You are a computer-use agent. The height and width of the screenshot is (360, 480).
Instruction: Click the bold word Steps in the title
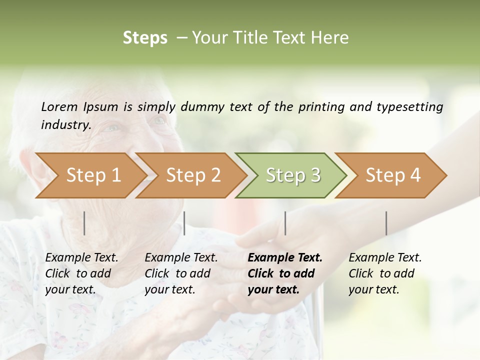pos(145,38)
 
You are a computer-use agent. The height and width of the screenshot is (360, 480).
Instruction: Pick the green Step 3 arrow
pos(293,175)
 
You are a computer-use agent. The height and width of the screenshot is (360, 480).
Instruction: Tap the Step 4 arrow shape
pos(393,175)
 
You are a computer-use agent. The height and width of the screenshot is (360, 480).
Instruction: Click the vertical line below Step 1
pos(84,223)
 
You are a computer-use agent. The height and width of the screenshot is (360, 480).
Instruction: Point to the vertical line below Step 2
pos(184,223)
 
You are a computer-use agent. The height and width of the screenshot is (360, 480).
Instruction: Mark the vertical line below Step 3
pos(285,223)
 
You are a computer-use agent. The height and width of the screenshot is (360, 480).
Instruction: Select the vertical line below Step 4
pos(386,223)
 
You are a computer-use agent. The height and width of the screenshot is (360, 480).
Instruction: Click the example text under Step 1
pos(81,273)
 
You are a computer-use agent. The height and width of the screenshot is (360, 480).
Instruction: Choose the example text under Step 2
pos(181,273)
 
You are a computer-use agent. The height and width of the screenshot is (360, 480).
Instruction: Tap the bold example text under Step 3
pos(285,273)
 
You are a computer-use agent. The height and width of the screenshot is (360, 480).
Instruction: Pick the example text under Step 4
pos(385,273)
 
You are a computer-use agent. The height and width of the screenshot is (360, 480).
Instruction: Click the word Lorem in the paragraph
pos(59,107)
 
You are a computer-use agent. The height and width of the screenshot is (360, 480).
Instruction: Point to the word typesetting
pos(413,107)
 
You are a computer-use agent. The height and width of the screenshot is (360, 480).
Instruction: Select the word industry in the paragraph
pos(65,125)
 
